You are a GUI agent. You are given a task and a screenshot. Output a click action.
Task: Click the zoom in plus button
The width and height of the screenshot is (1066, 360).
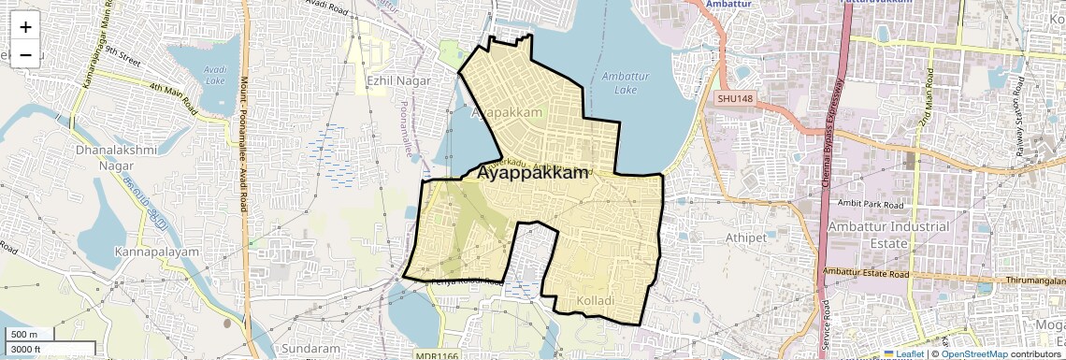tap(25, 26)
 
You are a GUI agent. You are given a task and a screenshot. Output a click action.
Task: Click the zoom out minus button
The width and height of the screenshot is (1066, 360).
tap(25, 54)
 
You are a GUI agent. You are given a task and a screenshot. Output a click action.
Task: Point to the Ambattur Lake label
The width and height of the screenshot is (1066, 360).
tap(626, 83)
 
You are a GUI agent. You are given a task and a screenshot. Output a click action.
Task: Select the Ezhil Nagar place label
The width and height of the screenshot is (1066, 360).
tap(398, 80)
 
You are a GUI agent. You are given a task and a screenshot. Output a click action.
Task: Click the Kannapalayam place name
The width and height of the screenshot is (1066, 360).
tap(157, 252)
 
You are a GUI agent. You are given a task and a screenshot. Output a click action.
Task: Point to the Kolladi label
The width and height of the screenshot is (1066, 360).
tap(595, 300)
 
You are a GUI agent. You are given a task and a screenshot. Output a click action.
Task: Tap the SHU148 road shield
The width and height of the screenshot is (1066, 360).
tap(735, 98)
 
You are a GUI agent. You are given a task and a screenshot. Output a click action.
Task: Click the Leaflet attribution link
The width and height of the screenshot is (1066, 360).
tap(903, 353)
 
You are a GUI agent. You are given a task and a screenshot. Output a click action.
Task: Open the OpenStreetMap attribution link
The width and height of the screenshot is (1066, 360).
tap(973, 353)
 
